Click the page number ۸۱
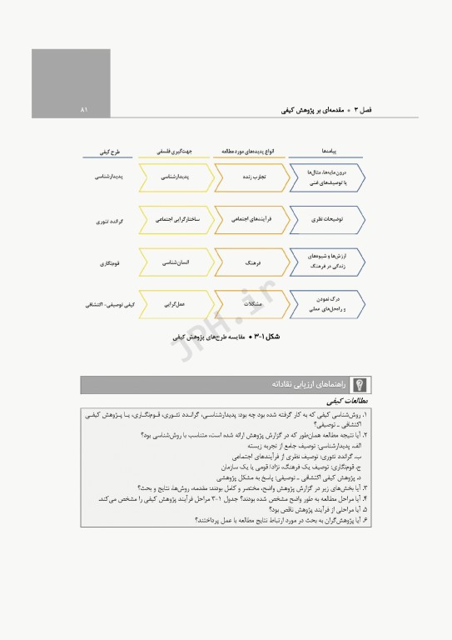click(x=84, y=109)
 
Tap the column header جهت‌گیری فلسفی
click(x=176, y=153)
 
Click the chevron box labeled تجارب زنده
click(x=250, y=177)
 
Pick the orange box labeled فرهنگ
click(x=250, y=262)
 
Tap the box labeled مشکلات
click(x=250, y=305)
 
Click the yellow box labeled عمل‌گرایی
click(x=176, y=305)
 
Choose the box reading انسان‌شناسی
click(x=176, y=262)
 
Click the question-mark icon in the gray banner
click(x=360, y=385)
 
